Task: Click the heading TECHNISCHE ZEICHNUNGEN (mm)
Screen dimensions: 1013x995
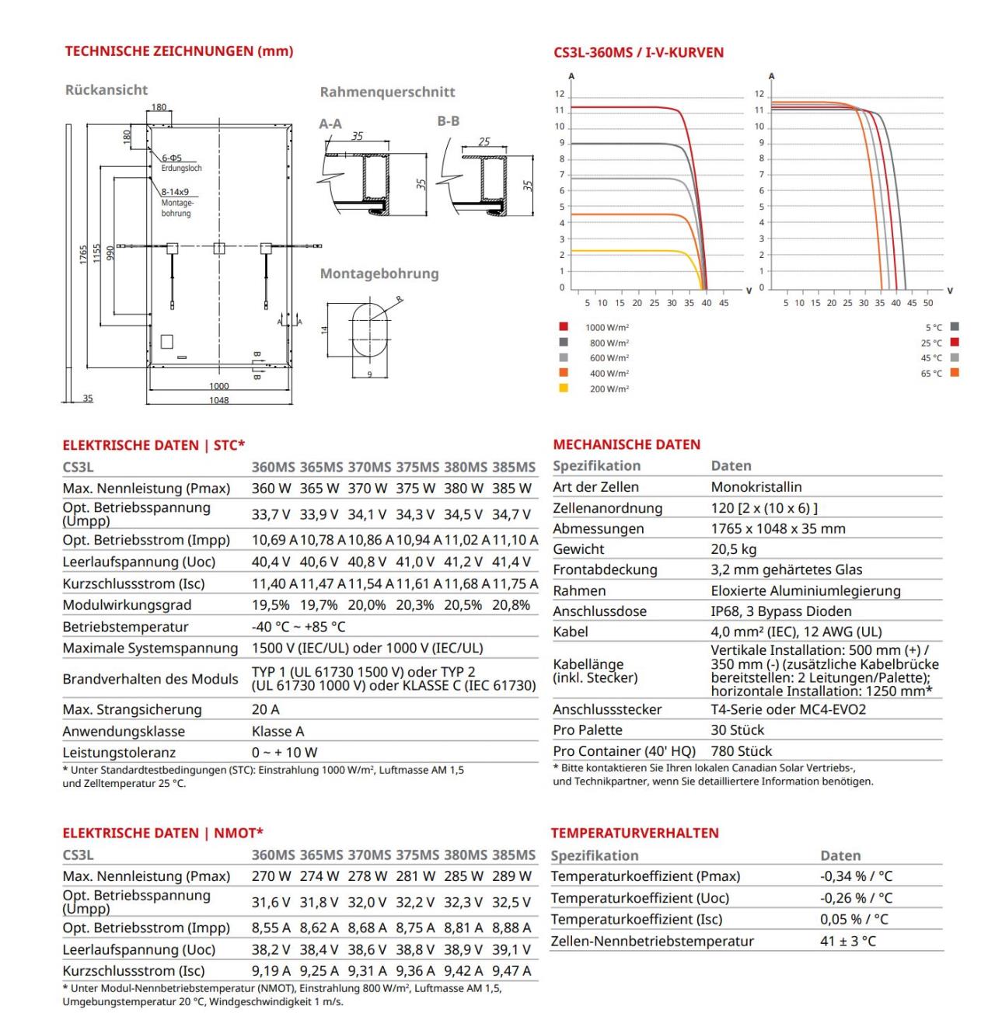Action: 179,51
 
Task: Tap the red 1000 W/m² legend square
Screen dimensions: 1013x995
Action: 564,327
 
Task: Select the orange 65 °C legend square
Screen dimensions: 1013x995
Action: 955,373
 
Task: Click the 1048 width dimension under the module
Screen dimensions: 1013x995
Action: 219,400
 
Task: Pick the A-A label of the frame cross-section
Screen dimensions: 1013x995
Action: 330,124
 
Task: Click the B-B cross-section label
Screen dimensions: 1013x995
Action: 449,121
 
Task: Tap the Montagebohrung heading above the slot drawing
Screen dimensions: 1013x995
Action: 379,273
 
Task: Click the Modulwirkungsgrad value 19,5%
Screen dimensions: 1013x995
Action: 271,605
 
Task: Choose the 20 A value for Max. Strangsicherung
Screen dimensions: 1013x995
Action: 265,709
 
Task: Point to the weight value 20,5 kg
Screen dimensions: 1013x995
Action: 734,549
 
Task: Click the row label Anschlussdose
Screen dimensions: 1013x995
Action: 599,611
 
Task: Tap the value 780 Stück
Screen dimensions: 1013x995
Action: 742,751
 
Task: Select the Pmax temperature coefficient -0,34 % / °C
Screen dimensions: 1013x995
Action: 856,876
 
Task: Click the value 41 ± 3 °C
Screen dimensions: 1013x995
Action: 848,941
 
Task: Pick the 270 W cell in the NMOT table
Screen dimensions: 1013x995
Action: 271,876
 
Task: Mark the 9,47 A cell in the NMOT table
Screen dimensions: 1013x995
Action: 511,971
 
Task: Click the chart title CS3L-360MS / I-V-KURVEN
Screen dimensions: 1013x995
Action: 638,53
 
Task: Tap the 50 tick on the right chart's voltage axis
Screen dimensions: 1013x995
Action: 928,303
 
